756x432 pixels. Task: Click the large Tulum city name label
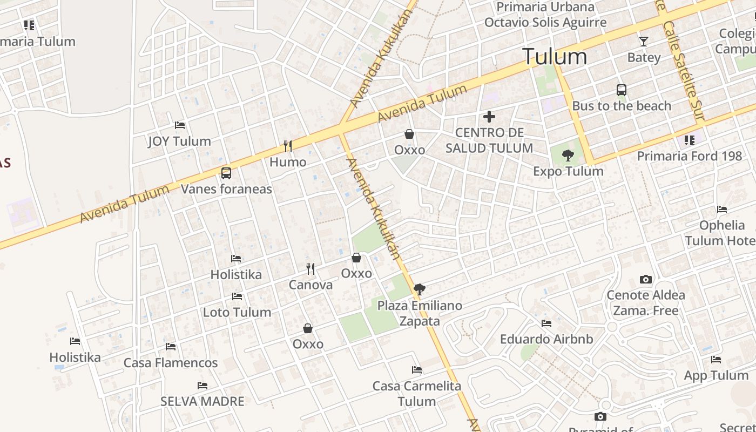pyautogui.click(x=555, y=57)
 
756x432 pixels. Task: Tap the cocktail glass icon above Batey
pyautogui.click(x=643, y=41)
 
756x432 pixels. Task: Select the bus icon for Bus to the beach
pyautogui.click(x=622, y=90)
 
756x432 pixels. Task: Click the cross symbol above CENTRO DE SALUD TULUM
pyautogui.click(x=489, y=116)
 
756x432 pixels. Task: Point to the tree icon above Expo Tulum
pyautogui.click(x=568, y=156)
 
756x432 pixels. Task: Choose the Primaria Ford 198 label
pyautogui.click(x=690, y=156)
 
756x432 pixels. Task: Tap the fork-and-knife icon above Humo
pyautogui.click(x=288, y=146)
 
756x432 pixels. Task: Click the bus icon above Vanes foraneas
pyautogui.click(x=226, y=173)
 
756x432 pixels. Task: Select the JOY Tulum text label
pyautogui.click(x=179, y=141)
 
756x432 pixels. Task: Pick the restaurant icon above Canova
pyautogui.click(x=310, y=268)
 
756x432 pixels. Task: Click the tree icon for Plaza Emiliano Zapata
pyautogui.click(x=419, y=289)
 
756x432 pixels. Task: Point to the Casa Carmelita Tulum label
pyautogui.click(x=417, y=394)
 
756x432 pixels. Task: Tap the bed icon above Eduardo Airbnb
pyautogui.click(x=546, y=323)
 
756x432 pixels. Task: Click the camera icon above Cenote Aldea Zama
pyautogui.click(x=645, y=279)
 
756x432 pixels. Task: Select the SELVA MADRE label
pyautogui.click(x=202, y=401)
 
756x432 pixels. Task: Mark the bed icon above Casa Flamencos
pyautogui.click(x=171, y=347)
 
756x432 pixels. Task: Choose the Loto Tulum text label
pyautogui.click(x=237, y=312)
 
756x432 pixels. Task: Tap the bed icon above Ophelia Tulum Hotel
pyautogui.click(x=722, y=210)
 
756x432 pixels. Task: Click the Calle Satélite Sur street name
pyautogui.click(x=685, y=70)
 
